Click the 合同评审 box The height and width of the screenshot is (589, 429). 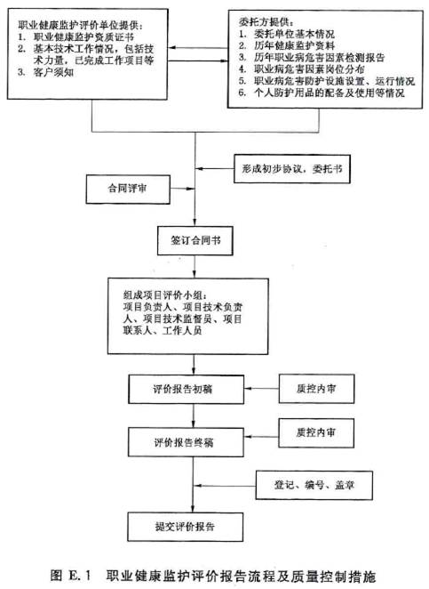(128, 189)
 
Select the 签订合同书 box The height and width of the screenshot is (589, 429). (195, 241)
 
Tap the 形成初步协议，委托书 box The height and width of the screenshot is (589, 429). (292, 169)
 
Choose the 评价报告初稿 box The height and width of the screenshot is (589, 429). (186, 389)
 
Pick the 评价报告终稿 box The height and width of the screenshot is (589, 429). (186, 442)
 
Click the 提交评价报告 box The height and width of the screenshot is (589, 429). (186, 527)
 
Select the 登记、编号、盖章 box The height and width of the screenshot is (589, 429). (314, 485)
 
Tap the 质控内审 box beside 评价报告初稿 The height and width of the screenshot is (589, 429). (316, 389)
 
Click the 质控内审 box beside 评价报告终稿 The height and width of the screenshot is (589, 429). (316, 433)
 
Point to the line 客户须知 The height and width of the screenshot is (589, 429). (45, 72)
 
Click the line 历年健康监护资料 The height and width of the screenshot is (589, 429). (287, 46)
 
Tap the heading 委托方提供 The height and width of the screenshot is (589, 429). (266, 22)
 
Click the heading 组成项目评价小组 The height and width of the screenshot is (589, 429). (164, 295)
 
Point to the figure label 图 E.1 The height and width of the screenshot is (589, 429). (71, 576)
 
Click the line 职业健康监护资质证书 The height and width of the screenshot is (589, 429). (75, 36)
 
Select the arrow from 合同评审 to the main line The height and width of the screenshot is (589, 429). (183, 189)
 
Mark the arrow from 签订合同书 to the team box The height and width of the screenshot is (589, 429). (195, 267)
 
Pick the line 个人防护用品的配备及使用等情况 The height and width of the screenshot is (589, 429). (322, 93)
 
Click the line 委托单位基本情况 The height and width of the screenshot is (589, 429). (287, 34)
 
